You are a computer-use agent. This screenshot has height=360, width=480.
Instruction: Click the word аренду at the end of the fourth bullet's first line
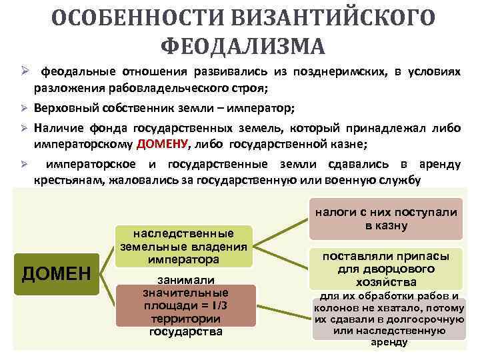pos(439,164)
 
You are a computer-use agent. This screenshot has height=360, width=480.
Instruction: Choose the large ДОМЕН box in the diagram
pos(56,273)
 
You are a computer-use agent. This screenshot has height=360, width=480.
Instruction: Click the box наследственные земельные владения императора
pos(184,245)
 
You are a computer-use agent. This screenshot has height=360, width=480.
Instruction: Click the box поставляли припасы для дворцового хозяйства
pos(386,269)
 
